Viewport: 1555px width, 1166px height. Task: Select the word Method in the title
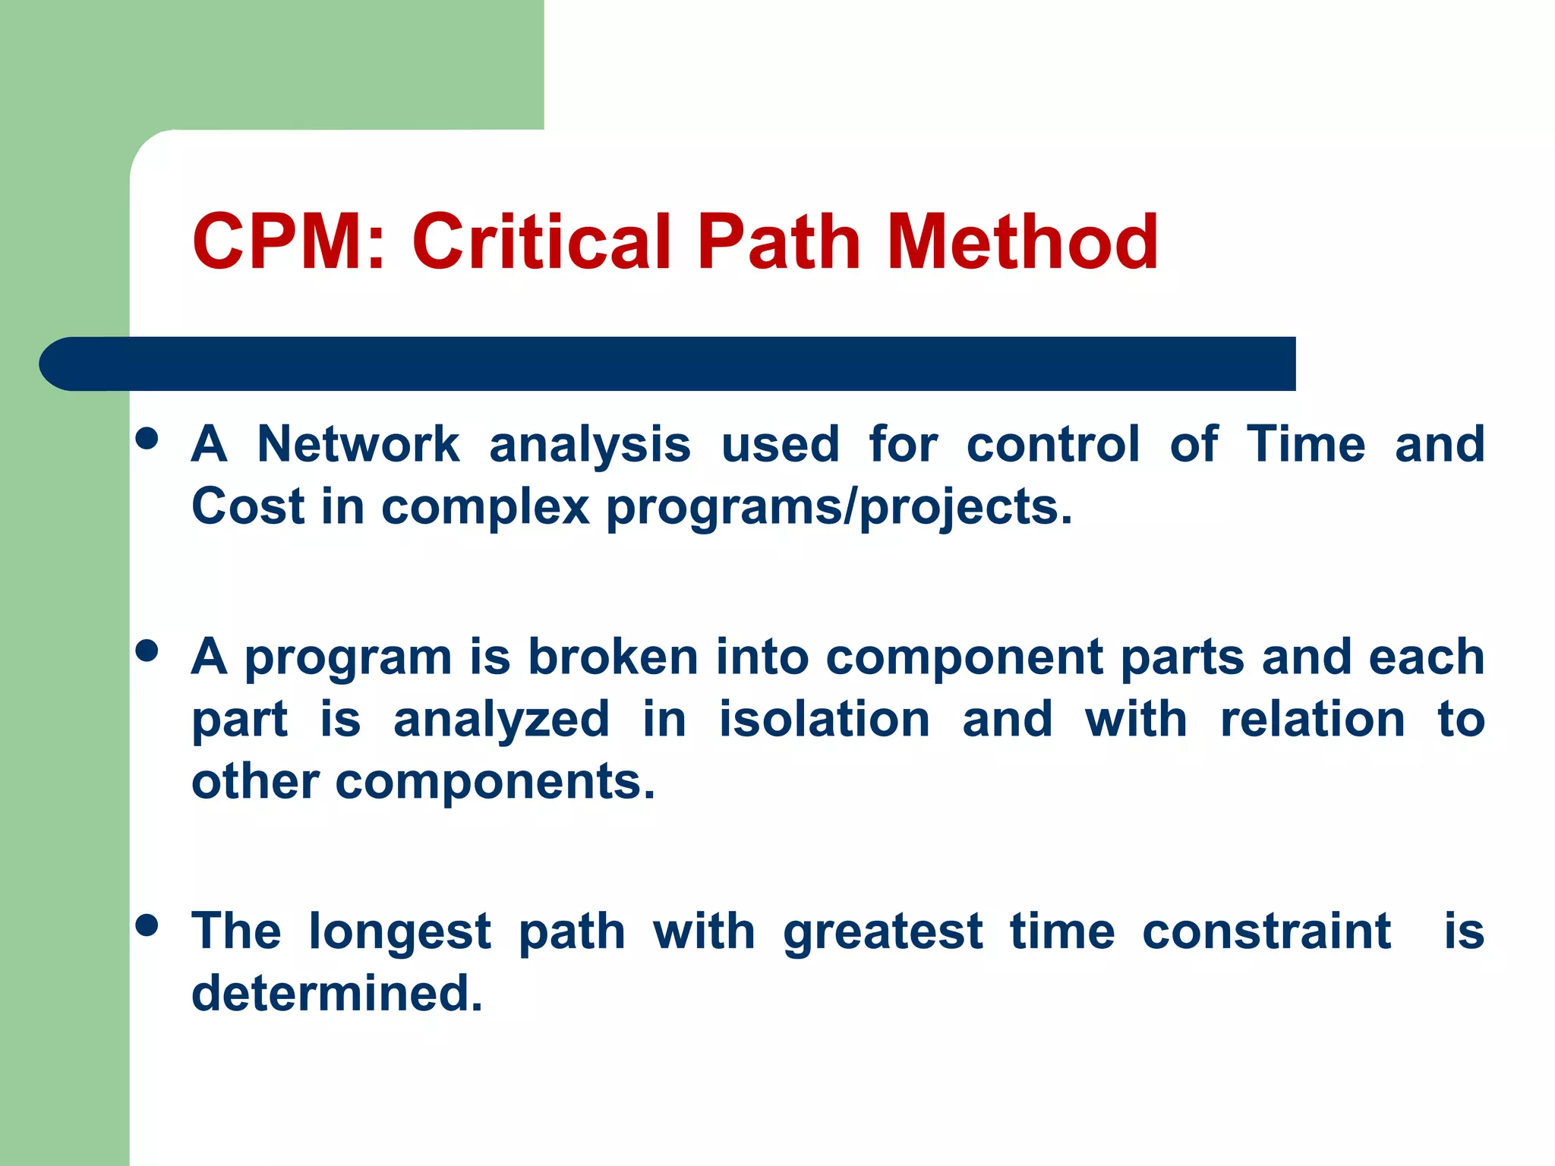point(1022,241)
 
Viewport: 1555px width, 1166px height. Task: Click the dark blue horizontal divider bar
point(668,364)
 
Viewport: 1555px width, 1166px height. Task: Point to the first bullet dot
point(147,439)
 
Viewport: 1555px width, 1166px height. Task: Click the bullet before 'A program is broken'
point(147,651)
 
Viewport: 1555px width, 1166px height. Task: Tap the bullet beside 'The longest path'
point(147,925)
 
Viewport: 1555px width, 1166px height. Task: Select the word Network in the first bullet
point(358,444)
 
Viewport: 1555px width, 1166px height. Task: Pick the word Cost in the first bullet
point(248,506)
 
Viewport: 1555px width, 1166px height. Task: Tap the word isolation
point(825,719)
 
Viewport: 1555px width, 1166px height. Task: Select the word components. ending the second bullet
point(495,782)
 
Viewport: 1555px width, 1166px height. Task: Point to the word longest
point(400,932)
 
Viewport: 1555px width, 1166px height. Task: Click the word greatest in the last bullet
point(883,932)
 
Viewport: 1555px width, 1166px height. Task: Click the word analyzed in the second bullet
point(501,720)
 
